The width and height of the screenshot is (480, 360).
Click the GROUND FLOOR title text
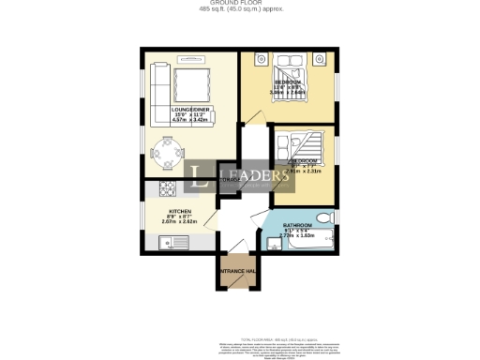[x=240, y=4]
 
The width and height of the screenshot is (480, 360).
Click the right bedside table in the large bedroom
[x=319, y=61]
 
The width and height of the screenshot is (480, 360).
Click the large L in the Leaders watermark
[x=200, y=178]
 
